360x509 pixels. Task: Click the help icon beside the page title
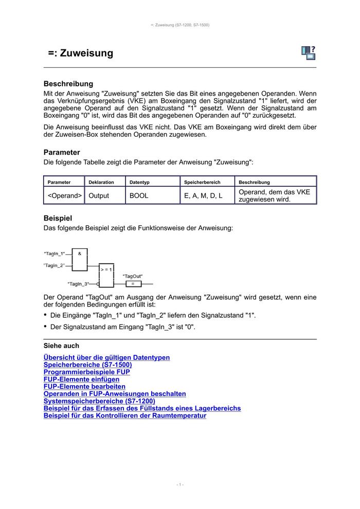pyautogui.click(x=309, y=52)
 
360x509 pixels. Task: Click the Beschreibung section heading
pyautogui.click(x=68, y=84)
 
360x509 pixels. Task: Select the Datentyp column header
pyautogui.click(x=138, y=182)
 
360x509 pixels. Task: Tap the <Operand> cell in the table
pyautogui.click(x=65, y=195)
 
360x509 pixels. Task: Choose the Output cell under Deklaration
pyautogui.click(x=99, y=195)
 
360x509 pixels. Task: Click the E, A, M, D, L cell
pyautogui.click(x=203, y=195)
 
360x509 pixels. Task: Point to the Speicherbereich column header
pyautogui.click(x=202, y=182)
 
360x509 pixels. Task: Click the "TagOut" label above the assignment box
pyautogui.click(x=133, y=276)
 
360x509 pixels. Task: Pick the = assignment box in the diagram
pyautogui.click(x=133, y=283)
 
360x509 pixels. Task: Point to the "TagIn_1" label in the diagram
pyautogui.click(x=55, y=253)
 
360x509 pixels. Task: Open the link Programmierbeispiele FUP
pyautogui.click(x=87, y=372)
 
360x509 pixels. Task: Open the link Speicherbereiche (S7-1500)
pyautogui.click(x=88, y=365)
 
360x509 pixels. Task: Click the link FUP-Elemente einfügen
pyautogui.click(x=81, y=379)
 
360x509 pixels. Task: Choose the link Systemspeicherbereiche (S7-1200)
pyautogui.click(x=99, y=401)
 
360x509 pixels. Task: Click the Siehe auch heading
pyautogui.click(x=61, y=346)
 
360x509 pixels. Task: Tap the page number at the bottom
pyautogui.click(x=180, y=484)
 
